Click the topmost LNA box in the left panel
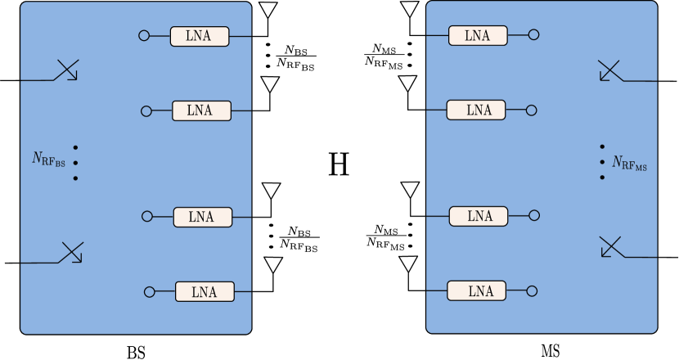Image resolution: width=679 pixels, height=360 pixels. click(200, 36)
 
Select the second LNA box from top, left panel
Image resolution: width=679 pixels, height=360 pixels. click(201, 110)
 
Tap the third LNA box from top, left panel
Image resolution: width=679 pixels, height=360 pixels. click(203, 217)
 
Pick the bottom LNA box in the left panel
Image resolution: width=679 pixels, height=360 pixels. click(205, 291)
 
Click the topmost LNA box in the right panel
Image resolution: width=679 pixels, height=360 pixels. click(478, 35)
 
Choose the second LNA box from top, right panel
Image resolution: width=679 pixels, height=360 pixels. click(476, 110)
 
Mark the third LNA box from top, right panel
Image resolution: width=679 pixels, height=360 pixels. click(479, 216)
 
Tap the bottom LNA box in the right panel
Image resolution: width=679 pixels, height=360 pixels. click(477, 290)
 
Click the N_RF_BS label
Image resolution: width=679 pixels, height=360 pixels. click(48, 160)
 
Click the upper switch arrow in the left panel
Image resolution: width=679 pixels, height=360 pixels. click(66, 71)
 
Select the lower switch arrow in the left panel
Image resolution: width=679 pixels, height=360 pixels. click(71, 254)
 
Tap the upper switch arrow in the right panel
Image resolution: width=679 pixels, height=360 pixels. click(610, 71)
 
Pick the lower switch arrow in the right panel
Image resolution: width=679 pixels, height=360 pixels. click(611, 247)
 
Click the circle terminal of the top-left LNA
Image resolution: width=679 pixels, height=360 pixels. click(144, 36)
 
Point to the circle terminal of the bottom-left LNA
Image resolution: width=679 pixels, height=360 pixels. click(150, 291)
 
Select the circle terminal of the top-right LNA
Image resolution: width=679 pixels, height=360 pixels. click(533, 35)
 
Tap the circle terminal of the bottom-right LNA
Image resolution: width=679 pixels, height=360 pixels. click(532, 290)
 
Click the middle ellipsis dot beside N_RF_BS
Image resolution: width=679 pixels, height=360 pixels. click(75, 163)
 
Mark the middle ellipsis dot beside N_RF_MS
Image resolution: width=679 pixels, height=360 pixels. click(602, 162)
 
